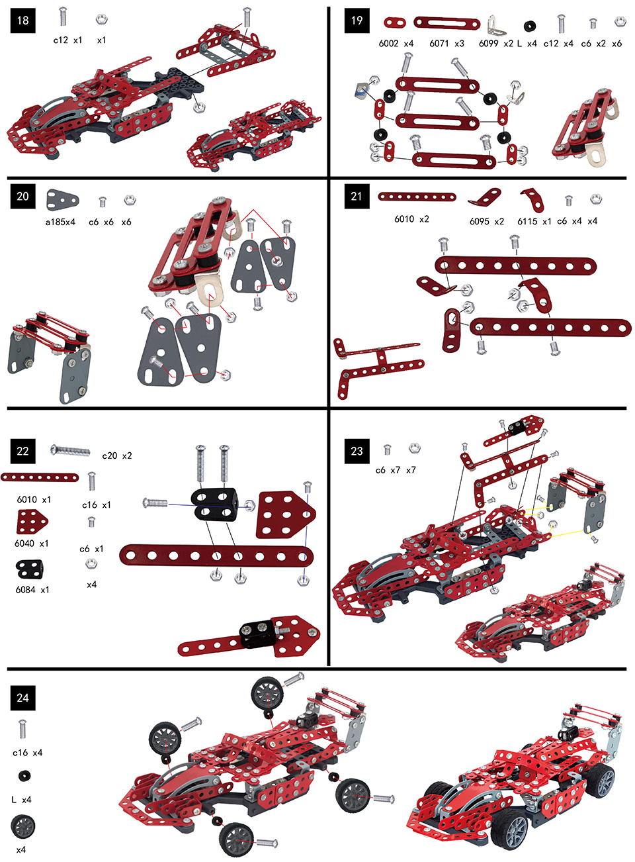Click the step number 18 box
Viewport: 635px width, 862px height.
(x=22, y=21)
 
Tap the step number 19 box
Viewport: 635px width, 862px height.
(x=357, y=21)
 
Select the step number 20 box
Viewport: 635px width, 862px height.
(x=22, y=196)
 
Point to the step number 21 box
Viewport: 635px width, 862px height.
(x=357, y=196)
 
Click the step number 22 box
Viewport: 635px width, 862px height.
(x=22, y=451)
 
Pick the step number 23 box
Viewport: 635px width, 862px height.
(x=357, y=451)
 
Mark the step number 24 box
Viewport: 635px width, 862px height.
(x=22, y=698)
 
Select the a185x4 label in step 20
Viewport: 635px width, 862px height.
(x=60, y=222)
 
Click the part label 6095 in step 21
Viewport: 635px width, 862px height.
(x=479, y=221)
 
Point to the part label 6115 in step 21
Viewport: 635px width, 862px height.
(x=527, y=221)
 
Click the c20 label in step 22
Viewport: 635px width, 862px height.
(x=110, y=455)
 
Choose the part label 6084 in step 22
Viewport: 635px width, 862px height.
(x=26, y=589)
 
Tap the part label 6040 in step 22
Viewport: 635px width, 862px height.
(x=24, y=544)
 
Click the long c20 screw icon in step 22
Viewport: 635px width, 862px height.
(x=70, y=451)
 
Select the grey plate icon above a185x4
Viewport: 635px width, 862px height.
(x=62, y=199)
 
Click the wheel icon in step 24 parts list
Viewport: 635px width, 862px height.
(x=22, y=826)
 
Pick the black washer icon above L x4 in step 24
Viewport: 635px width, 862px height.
(x=24, y=776)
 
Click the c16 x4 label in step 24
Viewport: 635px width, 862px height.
(x=27, y=753)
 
